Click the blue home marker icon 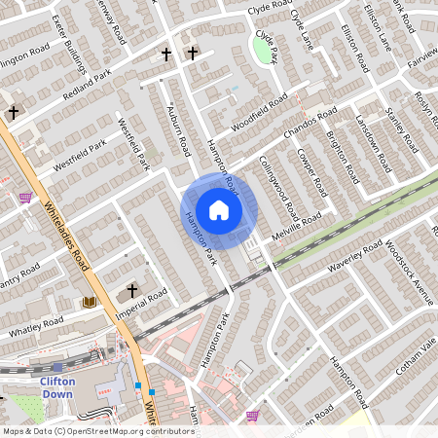coord(219,210)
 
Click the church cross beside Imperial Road coord(132,290)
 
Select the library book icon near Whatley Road coord(91,303)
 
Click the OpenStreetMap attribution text coord(97,431)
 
